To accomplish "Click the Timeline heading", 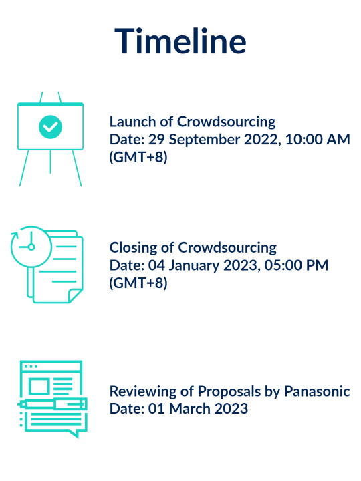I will point(180,41).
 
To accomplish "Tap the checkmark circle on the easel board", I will point(50,126).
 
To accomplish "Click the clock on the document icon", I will point(31,247).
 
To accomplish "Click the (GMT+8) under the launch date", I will point(138,158).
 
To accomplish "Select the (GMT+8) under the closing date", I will point(138,283).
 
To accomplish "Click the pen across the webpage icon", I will point(52,404).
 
